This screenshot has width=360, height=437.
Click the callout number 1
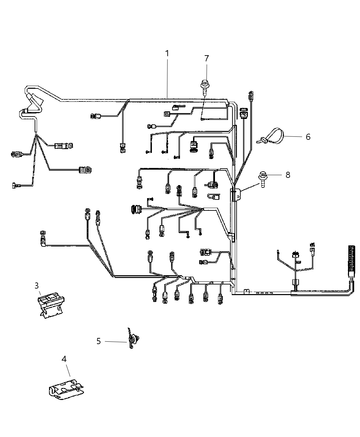coord(167,53)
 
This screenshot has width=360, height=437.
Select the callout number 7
coord(206,58)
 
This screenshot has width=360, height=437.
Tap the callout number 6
coord(308,137)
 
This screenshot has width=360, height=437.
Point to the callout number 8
coord(288,175)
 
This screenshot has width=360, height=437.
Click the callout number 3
coord(37,286)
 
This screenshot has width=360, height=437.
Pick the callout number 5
coord(98,341)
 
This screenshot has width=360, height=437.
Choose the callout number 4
coord(64,359)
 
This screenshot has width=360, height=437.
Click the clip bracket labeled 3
coord(51,304)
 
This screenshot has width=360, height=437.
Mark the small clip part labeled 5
coord(133,339)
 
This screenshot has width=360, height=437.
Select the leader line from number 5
coord(116,341)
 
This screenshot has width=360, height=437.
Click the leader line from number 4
coord(67,370)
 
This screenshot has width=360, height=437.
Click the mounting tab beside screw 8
coord(239,195)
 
